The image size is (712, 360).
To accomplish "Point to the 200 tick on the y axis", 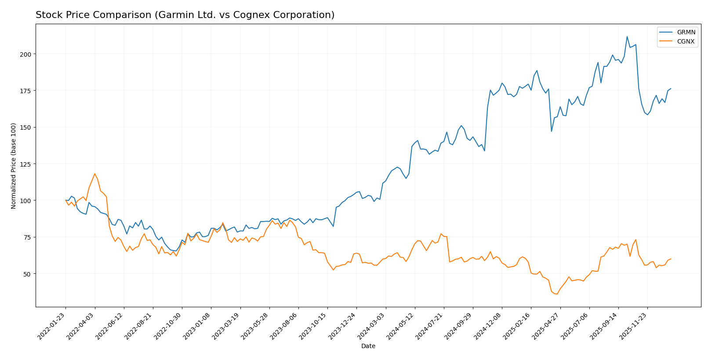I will point(27,54).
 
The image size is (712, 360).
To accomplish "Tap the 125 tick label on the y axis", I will point(27,164).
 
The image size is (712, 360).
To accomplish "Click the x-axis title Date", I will point(368,346).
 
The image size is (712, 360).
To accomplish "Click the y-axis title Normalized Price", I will point(14,166).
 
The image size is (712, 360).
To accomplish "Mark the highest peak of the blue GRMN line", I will point(627,36).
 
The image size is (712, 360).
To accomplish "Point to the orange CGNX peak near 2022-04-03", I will point(94,174).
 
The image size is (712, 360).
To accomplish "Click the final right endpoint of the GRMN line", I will point(671,89).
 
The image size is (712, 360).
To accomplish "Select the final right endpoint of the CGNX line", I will point(671,259).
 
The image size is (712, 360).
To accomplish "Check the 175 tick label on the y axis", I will point(27,91).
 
